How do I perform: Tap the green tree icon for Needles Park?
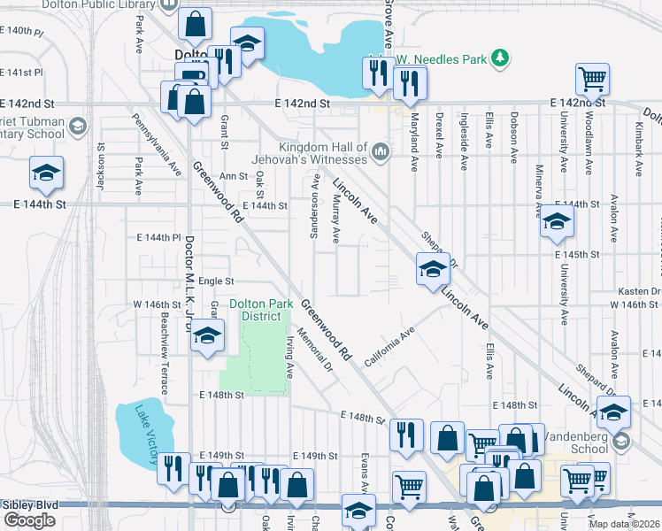click(501, 58)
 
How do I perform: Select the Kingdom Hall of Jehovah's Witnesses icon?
click(381, 152)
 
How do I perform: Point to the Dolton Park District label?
click(261, 310)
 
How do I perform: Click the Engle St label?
click(215, 281)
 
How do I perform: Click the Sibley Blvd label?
click(29, 505)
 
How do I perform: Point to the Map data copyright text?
click(624, 524)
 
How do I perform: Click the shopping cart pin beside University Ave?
click(592, 78)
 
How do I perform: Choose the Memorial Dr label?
click(315, 350)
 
